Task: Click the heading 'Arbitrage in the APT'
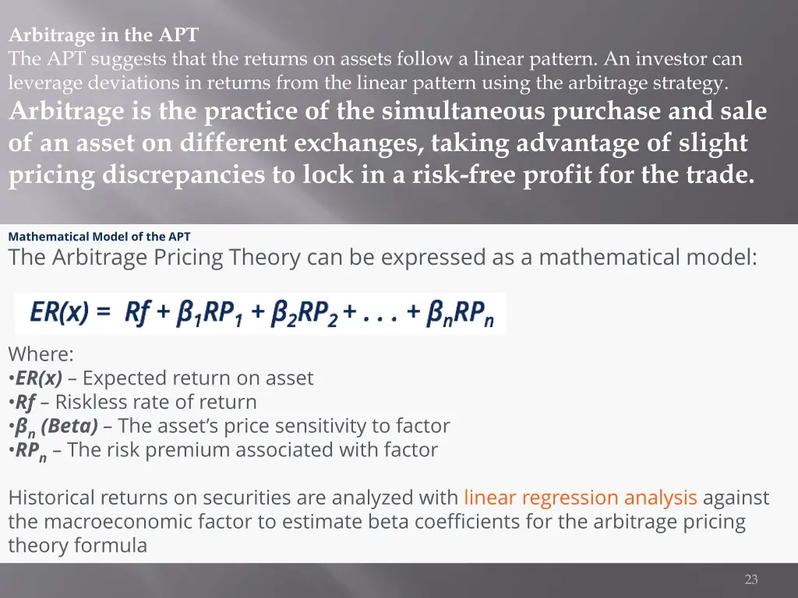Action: (x=104, y=35)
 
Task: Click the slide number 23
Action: (x=751, y=579)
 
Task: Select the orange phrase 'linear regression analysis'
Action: (x=580, y=498)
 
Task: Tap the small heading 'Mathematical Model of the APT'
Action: (x=99, y=237)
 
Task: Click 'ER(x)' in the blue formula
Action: (x=59, y=312)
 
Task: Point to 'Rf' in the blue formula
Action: (x=138, y=312)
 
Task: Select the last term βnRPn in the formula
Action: (x=461, y=314)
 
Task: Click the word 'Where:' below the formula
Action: (x=41, y=354)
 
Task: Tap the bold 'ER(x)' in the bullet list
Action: (x=39, y=378)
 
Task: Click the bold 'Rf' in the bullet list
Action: (x=26, y=403)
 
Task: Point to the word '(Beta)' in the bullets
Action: (x=69, y=427)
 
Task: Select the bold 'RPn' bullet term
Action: (x=30, y=451)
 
